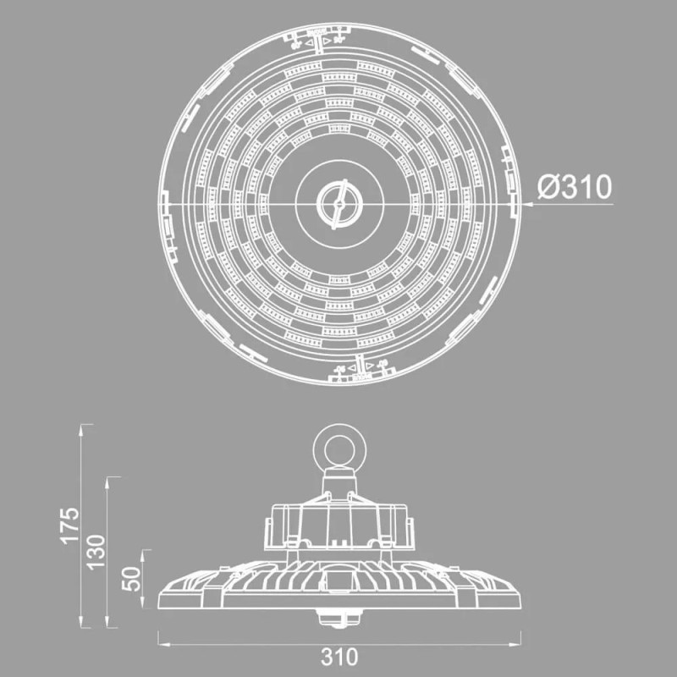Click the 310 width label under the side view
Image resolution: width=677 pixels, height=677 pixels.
tap(339, 656)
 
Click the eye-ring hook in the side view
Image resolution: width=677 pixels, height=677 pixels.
tap(338, 448)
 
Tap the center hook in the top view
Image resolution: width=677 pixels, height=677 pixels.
tap(338, 203)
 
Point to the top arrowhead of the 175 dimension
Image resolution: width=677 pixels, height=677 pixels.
tap(81, 429)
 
